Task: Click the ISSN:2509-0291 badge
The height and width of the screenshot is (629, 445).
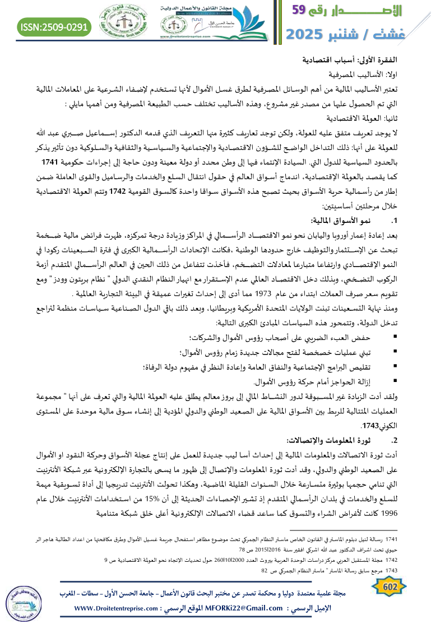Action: [55, 26]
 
